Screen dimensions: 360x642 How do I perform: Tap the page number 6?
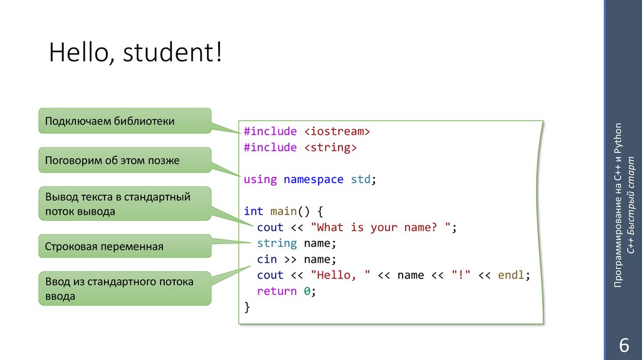click(x=623, y=345)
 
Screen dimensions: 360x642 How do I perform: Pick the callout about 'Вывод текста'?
click(x=125, y=204)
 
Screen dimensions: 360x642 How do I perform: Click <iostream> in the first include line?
click(x=338, y=132)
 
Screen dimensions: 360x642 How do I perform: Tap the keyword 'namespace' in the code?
click(x=313, y=179)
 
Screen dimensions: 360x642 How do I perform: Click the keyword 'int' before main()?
click(x=253, y=211)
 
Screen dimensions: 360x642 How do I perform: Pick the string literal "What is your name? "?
click(x=381, y=228)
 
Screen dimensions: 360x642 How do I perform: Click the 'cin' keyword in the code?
click(x=266, y=259)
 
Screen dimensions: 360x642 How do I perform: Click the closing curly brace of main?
click(x=247, y=307)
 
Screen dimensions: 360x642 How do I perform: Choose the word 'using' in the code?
click(x=260, y=179)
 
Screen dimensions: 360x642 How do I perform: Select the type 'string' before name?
click(x=276, y=243)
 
